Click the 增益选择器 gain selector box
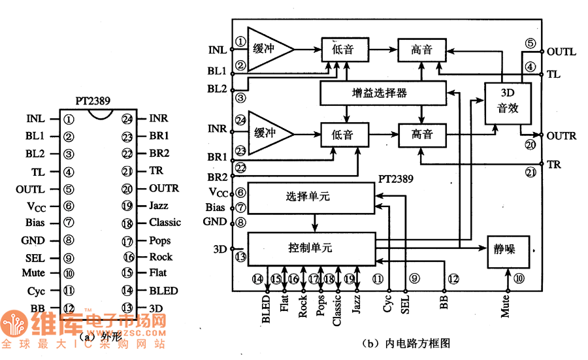383,93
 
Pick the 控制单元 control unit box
311,248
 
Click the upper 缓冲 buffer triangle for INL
267,49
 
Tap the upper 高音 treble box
421,50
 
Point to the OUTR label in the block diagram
561,136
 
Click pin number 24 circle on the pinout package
127,119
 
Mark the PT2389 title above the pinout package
92,101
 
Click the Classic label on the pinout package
165,223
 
